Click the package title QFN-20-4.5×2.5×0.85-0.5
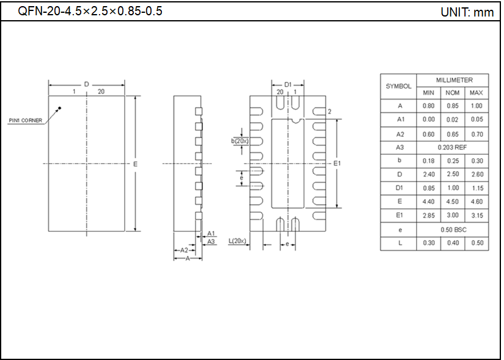pyautogui.click(x=90, y=11)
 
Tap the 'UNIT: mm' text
pyautogui.click(x=467, y=12)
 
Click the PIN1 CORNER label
pyautogui.click(x=26, y=120)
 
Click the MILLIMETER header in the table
pyautogui.click(x=453, y=80)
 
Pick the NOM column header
pyautogui.click(x=453, y=93)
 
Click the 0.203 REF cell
pyautogui.click(x=453, y=147)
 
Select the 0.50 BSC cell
pyautogui.click(x=453, y=229)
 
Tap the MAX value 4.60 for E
pyautogui.click(x=477, y=201)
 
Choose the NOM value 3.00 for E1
pyautogui.click(x=453, y=215)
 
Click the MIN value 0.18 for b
pyautogui.click(x=429, y=161)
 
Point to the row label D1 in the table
pyautogui.click(x=400, y=188)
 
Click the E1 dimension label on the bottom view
pyautogui.click(x=337, y=163)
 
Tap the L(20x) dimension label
pyautogui.click(x=237, y=241)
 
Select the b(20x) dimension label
pyautogui.click(x=239, y=141)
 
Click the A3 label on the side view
pyautogui.click(x=211, y=242)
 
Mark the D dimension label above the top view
pyautogui.click(x=87, y=84)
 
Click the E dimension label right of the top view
pyautogui.click(x=135, y=164)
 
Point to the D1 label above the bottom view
pyautogui.click(x=288, y=84)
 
